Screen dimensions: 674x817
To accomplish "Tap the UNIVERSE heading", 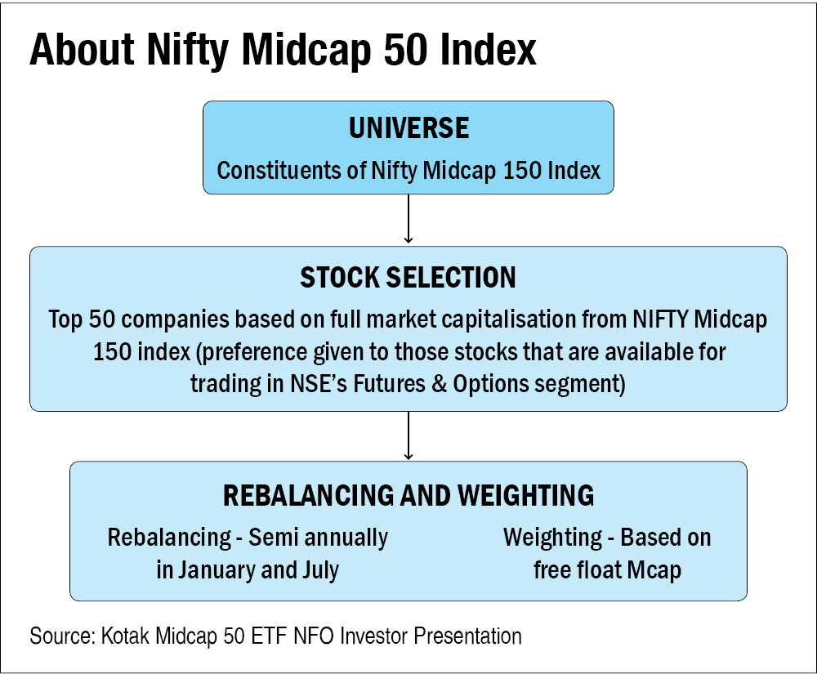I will point(408,128).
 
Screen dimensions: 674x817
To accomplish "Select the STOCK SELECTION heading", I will point(408,278).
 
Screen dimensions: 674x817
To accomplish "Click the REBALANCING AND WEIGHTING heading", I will point(408,496).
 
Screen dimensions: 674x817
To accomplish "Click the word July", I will point(320,569).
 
